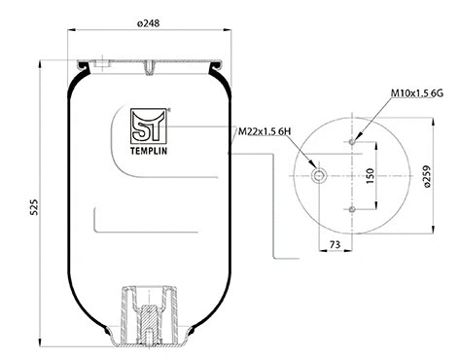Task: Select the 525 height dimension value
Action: click(x=32, y=206)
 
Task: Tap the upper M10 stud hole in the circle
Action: click(x=350, y=142)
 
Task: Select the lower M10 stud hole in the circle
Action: click(x=350, y=208)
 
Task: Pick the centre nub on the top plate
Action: click(x=151, y=68)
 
